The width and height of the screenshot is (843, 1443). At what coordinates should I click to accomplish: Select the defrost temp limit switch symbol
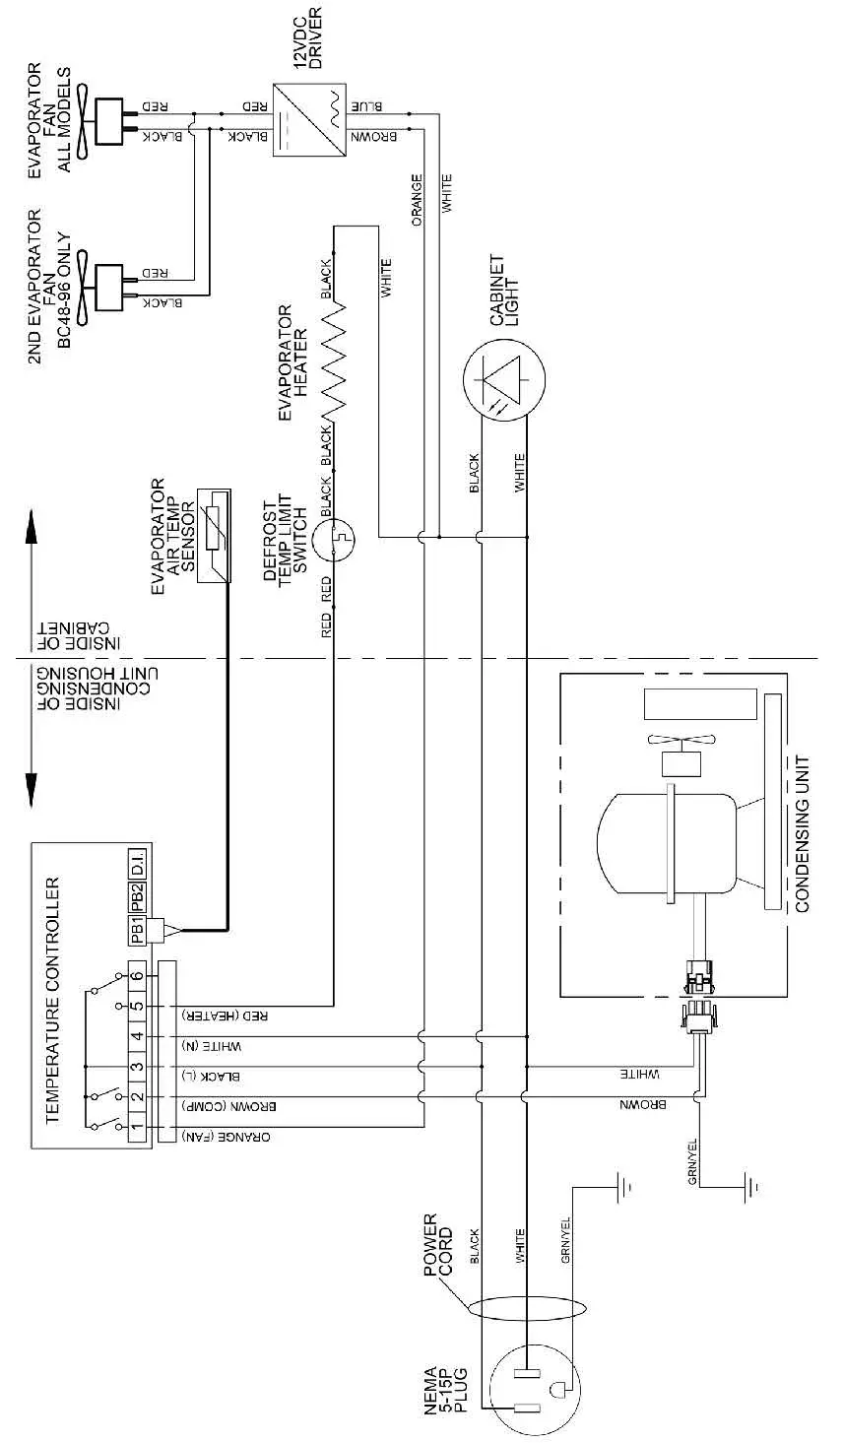(x=335, y=538)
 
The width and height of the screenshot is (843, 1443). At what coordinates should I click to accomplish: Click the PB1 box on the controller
(x=139, y=929)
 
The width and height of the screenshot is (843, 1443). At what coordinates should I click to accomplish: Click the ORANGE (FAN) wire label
(x=226, y=1135)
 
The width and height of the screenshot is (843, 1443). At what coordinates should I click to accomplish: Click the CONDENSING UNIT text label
(x=802, y=833)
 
